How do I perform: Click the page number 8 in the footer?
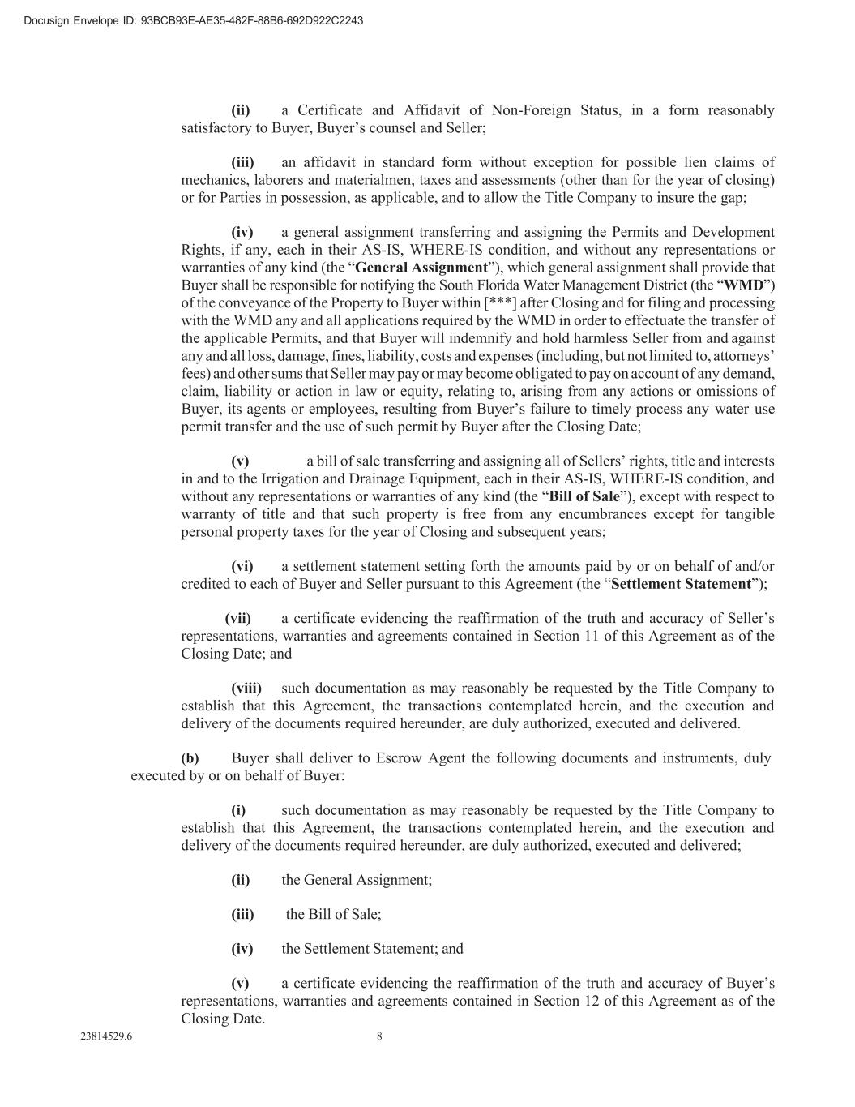379,1036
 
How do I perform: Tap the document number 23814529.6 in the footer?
106,1036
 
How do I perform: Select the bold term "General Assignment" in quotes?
421,268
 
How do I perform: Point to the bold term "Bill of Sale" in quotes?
584,496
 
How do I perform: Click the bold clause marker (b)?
190,759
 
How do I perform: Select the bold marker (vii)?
238,619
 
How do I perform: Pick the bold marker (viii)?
246,689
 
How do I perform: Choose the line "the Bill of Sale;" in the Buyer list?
333,914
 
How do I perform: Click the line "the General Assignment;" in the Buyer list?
357,880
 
